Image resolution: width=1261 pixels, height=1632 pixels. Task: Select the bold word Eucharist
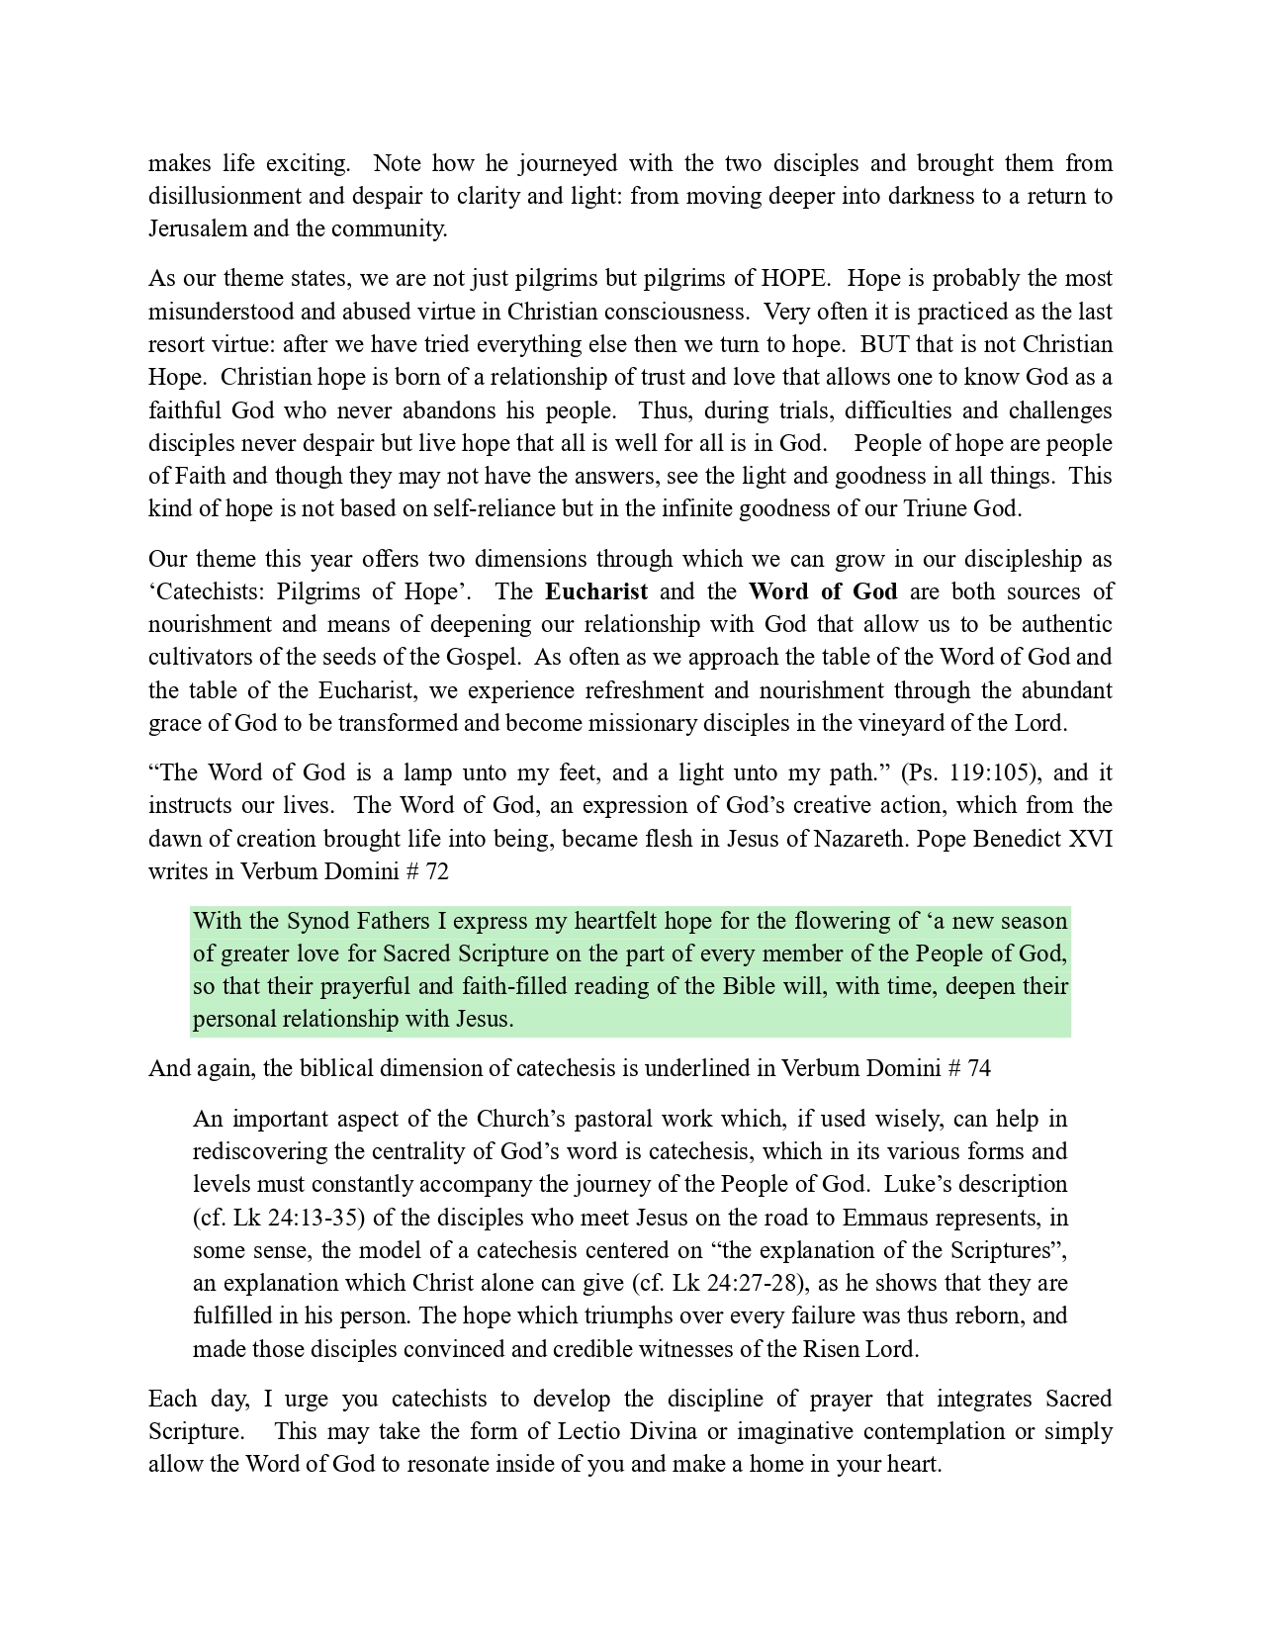[x=596, y=591]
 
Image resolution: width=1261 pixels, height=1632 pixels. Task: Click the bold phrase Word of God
[x=823, y=591]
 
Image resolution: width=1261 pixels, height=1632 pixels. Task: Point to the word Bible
[x=749, y=986]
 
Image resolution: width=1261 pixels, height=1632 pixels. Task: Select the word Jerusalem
[x=197, y=228]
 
